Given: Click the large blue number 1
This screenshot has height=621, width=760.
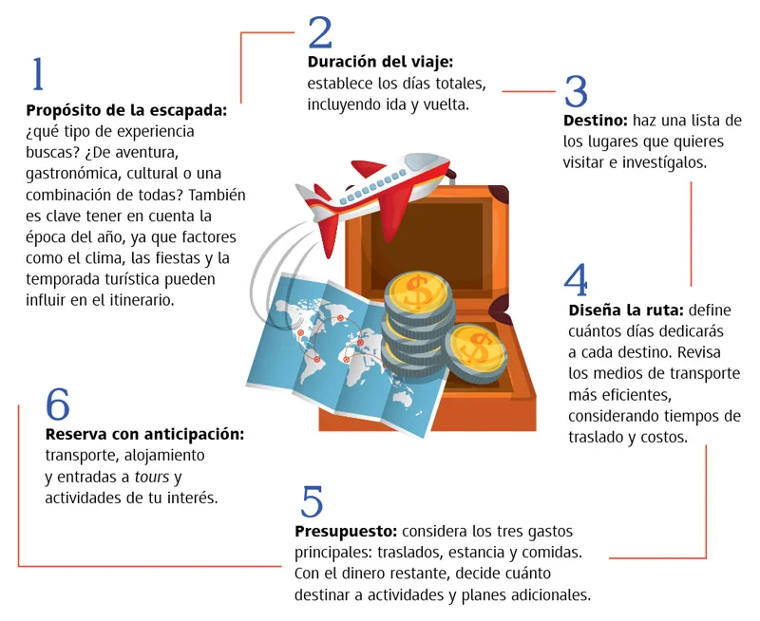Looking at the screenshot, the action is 38,74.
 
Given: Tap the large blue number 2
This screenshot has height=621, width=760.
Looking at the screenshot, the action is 320,32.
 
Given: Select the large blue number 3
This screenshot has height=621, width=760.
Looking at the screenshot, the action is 576,91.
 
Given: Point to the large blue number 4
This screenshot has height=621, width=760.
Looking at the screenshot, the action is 576,279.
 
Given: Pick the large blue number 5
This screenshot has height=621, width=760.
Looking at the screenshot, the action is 312,500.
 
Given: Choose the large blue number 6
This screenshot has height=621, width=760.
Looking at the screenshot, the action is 58,404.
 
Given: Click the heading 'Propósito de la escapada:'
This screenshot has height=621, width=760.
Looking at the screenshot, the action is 126,110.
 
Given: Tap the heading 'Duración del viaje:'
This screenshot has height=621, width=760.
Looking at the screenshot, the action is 380,62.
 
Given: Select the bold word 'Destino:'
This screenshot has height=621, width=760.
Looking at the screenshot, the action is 596,121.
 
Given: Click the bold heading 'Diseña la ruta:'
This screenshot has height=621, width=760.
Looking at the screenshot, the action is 626,310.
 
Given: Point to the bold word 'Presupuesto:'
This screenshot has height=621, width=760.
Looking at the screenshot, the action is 346,532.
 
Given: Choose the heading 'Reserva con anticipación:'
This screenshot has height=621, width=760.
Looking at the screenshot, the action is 144,434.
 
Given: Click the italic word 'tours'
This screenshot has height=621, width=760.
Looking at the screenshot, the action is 152,477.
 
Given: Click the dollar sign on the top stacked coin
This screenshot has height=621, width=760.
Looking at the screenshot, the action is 418,293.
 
